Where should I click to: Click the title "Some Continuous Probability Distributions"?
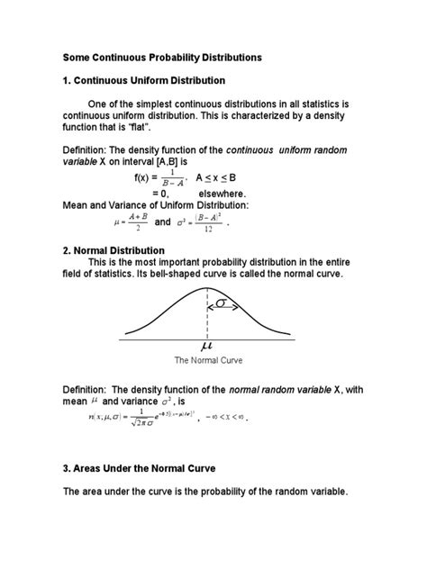(162, 57)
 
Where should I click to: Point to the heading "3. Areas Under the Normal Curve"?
(151, 469)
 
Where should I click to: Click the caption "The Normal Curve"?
(209, 358)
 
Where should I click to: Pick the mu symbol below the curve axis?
(208, 345)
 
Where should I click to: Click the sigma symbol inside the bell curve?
(222, 304)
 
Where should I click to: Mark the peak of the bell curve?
(208, 290)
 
